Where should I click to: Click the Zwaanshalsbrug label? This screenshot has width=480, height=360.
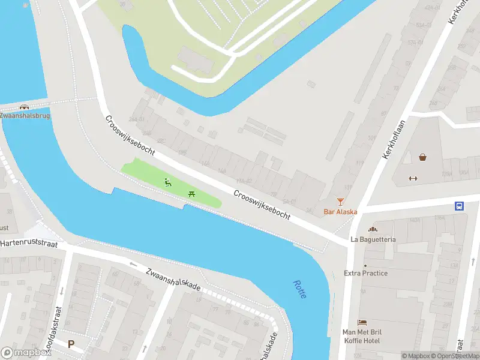pos(25,115)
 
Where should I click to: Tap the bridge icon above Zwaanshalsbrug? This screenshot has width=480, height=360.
pos(25,107)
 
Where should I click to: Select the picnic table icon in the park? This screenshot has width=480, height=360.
pos(191,193)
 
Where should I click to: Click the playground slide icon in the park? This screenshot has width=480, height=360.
pos(168,182)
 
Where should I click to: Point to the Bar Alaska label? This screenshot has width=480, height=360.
pos(340,211)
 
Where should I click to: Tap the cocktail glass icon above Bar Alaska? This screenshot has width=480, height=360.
pos(340,201)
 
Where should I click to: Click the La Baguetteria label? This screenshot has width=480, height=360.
pos(373,239)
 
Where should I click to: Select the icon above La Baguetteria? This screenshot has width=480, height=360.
pos(373,229)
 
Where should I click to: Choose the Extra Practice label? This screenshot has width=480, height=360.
pos(365,273)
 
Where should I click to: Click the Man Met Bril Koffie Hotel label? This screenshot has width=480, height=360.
pos(362,337)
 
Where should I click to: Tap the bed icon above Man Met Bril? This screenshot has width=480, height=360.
pos(362,323)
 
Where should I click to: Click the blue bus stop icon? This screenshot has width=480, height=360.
pos(459,206)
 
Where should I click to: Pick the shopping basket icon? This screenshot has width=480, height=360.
pos(423,157)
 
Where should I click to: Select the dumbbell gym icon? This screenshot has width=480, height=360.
pos(412,178)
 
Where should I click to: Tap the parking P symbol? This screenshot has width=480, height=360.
pos(71,344)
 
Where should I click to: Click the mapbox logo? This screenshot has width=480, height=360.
pos(26,353)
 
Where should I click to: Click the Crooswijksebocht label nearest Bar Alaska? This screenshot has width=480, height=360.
pos(262,205)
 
